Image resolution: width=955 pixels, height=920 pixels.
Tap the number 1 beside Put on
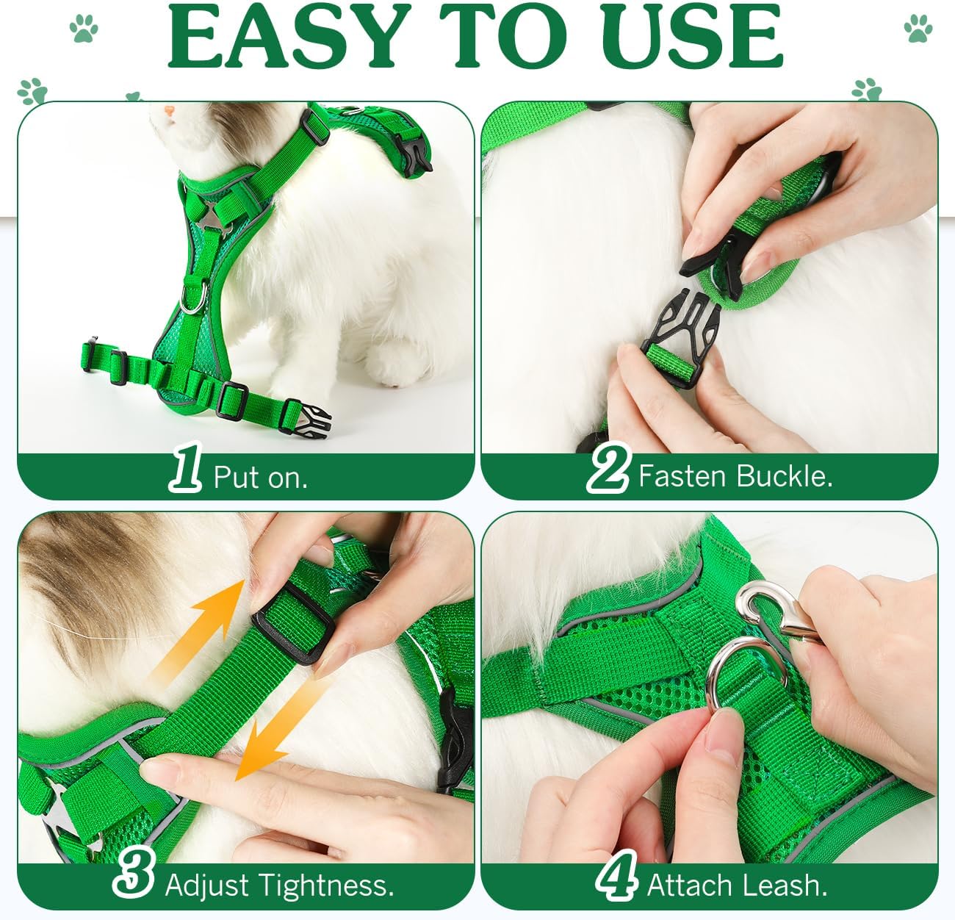click(185, 467)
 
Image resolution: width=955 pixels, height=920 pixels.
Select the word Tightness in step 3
click(326, 886)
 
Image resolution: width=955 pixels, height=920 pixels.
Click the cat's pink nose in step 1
click(169, 109)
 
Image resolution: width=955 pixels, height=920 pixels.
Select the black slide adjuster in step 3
click(292, 622)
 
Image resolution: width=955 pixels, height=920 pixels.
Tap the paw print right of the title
click(918, 29)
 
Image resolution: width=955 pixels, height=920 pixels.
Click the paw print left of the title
click(84, 29)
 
